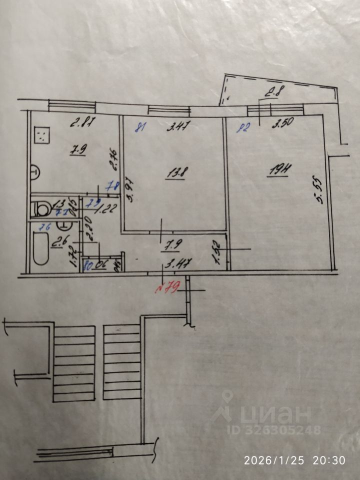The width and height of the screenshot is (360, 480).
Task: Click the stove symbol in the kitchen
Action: pyautogui.click(x=43, y=134)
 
